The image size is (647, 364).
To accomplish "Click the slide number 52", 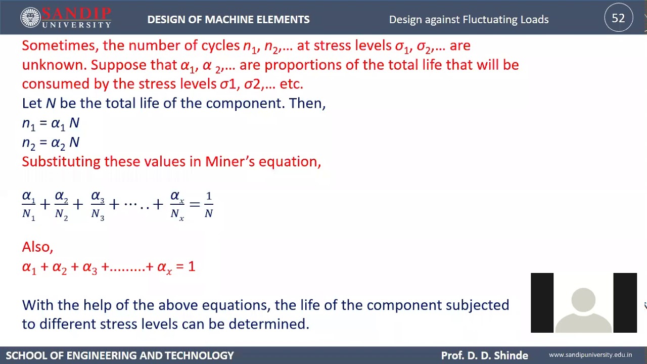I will coord(618,19).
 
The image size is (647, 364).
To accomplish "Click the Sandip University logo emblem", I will coord(30,18).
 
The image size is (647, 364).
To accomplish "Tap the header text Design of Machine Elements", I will coord(228,20).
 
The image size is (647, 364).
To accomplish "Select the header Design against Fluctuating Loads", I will coord(469,20).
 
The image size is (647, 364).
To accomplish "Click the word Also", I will coord(37,247).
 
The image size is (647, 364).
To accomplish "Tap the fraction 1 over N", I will coord(208,205).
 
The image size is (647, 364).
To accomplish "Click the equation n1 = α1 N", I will coord(51,123).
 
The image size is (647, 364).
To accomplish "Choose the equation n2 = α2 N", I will coord(51,143).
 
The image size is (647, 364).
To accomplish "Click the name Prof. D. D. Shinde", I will coord(484,355).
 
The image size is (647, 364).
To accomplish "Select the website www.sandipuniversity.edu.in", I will coord(590,355).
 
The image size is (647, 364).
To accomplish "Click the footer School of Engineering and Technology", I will coord(120,355).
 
